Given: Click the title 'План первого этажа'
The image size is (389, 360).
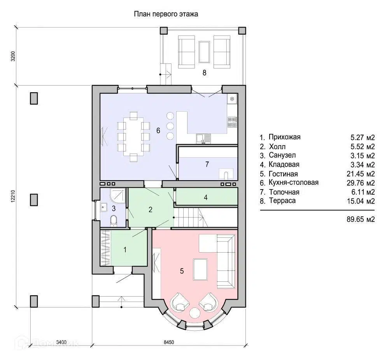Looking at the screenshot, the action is (166, 14).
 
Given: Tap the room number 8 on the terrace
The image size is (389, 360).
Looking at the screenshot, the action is (204, 73).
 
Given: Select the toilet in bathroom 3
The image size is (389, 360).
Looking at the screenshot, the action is (113, 220).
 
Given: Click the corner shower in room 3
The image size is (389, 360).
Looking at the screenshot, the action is (118, 196).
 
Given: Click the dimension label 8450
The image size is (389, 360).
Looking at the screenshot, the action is (169, 342).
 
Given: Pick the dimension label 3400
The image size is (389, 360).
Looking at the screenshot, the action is (61, 342).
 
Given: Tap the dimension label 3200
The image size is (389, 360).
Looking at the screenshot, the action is (13, 56).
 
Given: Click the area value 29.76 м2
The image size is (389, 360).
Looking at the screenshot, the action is (361, 183).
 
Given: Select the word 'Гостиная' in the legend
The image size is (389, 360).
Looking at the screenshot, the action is (283, 174).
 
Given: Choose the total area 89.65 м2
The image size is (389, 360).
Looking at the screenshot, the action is (361, 219).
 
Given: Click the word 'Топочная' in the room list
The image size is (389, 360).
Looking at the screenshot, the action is (284, 192).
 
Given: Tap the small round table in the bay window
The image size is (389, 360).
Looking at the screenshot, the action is (195, 313).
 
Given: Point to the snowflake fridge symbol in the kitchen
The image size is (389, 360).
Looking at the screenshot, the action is (232, 99).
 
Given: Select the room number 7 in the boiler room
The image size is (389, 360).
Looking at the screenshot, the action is (207, 164).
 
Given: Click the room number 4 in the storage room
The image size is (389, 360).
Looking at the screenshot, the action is (205, 197).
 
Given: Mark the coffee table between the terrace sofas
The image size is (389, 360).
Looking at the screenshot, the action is (204, 52).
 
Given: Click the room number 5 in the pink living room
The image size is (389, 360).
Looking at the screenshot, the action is (182, 271).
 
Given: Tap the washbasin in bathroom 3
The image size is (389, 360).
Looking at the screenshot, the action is (103, 207).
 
